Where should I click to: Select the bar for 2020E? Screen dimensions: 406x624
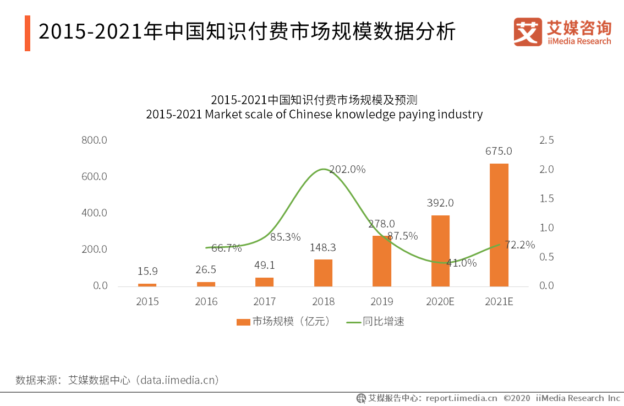point(440,251)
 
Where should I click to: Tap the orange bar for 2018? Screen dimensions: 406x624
point(323,273)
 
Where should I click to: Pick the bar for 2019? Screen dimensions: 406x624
point(381,261)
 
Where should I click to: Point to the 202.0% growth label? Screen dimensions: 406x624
point(347,170)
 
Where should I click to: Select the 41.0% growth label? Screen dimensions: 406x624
point(461,263)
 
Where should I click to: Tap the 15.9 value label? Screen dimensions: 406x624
point(147,272)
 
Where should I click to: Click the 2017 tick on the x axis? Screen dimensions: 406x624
point(265,302)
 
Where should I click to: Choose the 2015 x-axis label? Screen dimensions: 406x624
point(147,302)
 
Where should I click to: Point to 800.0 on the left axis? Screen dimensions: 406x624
point(94,140)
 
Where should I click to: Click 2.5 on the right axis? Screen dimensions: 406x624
point(546,140)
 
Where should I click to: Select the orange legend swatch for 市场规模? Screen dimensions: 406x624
point(243,322)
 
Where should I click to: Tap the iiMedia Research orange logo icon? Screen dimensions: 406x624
point(528,32)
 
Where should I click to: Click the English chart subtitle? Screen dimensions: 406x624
point(314,115)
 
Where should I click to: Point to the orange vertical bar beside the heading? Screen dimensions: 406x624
point(28,34)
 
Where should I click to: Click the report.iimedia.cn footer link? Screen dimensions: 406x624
point(461,398)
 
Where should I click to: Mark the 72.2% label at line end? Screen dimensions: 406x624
point(519,245)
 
